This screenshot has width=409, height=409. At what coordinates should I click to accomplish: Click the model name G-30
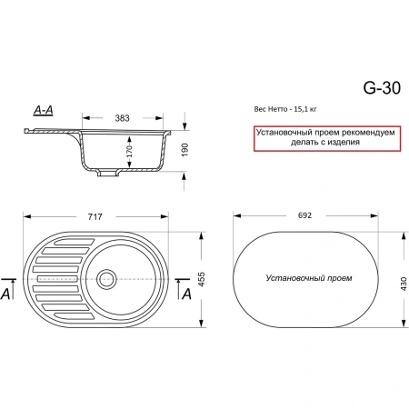point(382,88)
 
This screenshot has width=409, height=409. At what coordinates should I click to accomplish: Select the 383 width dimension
point(122,118)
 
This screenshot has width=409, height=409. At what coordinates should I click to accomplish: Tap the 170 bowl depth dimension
point(129,152)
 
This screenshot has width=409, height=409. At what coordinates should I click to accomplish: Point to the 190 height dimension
point(185,150)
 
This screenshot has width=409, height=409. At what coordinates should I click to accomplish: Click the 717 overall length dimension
point(95,216)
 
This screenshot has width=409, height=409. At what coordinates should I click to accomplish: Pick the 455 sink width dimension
point(201,279)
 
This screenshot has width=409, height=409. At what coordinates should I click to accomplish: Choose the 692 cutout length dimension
point(304,215)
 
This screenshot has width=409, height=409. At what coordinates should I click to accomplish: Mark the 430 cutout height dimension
point(404,284)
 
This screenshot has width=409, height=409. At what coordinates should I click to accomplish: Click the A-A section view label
point(44,110)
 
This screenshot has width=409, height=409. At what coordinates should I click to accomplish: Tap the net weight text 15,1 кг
point(304,109)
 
